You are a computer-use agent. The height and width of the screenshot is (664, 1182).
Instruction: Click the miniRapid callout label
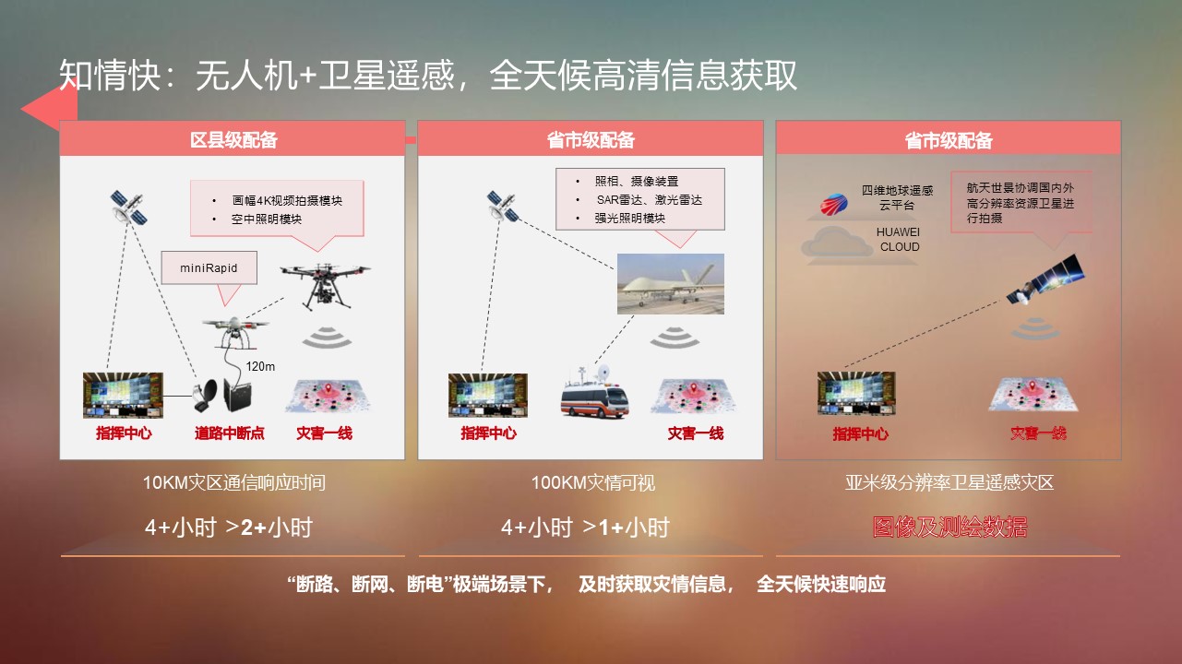tap(209, 268)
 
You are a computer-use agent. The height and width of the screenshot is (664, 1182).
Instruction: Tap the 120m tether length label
tap(260, 366)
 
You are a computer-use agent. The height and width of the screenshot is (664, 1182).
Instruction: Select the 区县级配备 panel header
tap(233, 139)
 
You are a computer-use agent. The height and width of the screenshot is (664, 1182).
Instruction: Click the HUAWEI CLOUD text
tap(899, 240)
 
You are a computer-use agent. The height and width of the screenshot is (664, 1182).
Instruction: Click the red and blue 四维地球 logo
tap(834, 204)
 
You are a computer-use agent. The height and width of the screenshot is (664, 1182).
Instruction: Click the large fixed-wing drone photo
tap(671, 284)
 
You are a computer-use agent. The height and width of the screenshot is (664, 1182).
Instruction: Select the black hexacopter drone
tap(325, 286)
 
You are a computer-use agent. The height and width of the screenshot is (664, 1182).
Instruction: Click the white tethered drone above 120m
tap(235, 331)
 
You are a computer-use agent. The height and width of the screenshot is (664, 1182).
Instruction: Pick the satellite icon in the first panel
tap(128, 207)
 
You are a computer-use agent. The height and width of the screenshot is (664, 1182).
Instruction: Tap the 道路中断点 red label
tap(230, 433)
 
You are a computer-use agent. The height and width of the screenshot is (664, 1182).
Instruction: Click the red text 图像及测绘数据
tap(949, 527)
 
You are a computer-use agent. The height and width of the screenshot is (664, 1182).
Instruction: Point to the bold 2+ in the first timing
tap(254, 528)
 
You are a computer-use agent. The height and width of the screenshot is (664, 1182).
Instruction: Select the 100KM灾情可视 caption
tap(592, 482)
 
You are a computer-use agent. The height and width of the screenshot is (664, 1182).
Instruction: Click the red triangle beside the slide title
tap(49, 108)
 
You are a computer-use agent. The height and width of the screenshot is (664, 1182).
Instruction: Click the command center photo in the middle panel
tap(487, 396)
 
